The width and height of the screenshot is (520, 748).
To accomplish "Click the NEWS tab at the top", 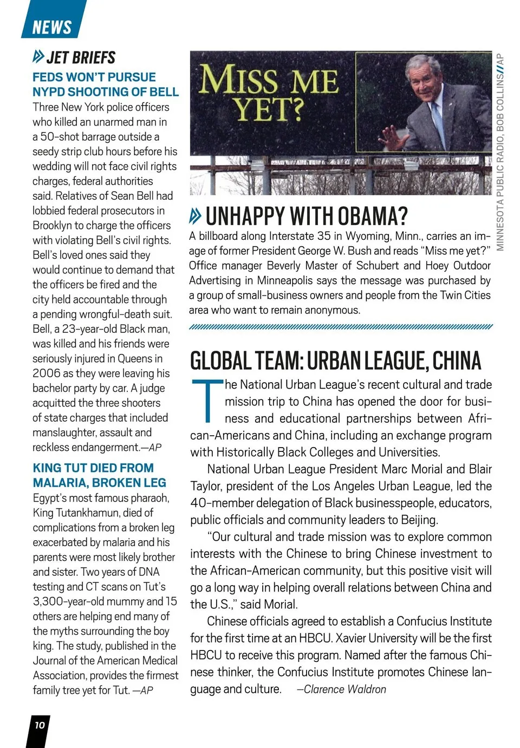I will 52,27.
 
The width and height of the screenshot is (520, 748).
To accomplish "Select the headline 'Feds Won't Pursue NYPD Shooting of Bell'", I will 105,84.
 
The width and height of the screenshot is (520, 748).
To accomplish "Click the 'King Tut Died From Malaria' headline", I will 99,475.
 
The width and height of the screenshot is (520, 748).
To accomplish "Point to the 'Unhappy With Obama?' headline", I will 307,216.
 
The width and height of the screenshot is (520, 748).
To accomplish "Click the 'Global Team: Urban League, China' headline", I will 335,361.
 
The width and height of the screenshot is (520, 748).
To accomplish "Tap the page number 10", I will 40,725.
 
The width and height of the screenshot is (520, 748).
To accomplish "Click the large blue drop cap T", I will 207,400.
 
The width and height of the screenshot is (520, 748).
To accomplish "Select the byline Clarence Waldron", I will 344,690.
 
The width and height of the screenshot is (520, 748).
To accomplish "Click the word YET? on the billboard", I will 269,110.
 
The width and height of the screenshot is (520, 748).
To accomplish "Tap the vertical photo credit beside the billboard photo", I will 500,152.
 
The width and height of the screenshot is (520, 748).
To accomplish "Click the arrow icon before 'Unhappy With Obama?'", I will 196,216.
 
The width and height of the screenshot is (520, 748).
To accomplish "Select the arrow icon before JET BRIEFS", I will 38,56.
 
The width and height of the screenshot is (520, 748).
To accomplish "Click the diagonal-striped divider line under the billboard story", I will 341,326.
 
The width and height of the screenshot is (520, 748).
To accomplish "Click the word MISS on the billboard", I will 238,80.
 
